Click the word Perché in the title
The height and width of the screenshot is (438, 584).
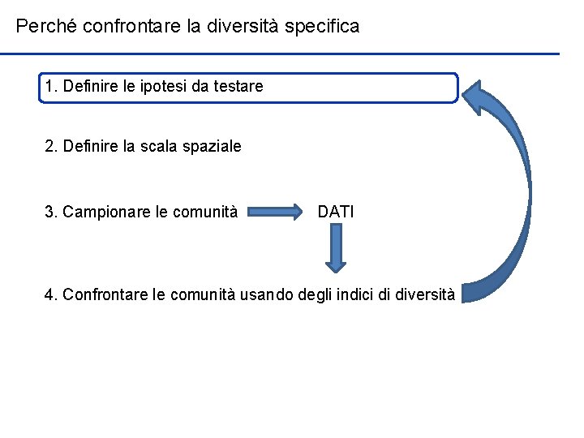point(44,27)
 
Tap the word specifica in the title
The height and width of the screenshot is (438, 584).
point(323,27)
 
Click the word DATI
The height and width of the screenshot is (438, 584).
point(336,213)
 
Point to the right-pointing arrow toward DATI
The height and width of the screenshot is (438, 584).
point(277,213)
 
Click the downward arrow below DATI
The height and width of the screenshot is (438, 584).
point(335,248)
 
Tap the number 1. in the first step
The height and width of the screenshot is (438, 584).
point(52,86)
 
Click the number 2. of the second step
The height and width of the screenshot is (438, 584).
point(51,147)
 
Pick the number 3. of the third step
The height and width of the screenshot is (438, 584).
point(51,213)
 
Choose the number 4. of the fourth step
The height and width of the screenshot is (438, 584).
point(51,294)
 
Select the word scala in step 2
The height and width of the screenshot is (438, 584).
point(163,147)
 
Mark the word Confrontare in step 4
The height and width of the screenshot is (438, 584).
point(105,294)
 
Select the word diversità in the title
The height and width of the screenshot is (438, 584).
point(242,27)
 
